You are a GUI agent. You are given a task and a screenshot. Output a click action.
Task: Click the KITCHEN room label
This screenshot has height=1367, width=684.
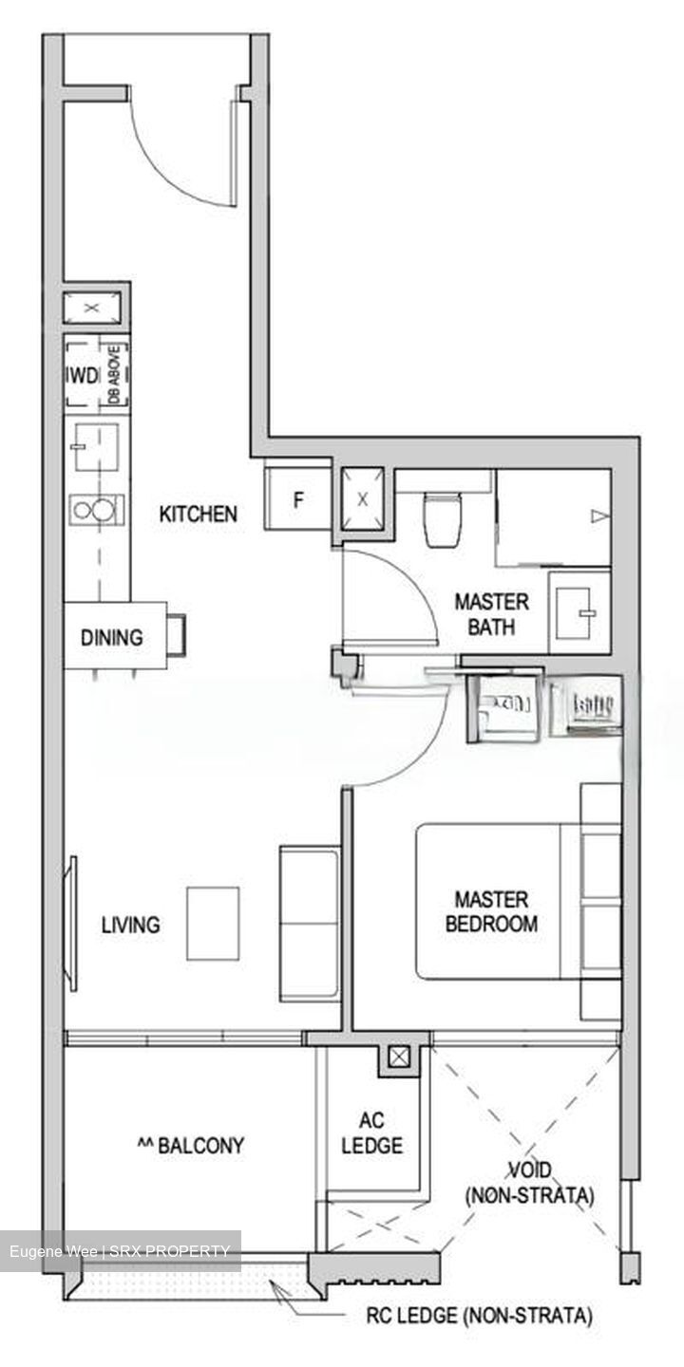[x=198, y=515]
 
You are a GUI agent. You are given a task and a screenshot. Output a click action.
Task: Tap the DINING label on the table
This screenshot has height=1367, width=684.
[x=111, y=637]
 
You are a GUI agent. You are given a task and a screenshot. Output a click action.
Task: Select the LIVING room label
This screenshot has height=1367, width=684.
[x=131, y=925]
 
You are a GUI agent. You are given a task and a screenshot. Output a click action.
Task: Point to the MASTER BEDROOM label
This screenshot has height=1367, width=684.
[x=491, y=910]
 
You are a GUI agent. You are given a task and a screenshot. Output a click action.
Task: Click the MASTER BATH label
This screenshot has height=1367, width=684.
[x=491, y=613]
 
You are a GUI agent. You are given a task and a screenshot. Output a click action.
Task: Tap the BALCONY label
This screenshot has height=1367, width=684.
[x=191, y=1145]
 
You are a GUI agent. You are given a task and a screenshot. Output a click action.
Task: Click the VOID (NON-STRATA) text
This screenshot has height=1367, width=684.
[x=529, y=1183]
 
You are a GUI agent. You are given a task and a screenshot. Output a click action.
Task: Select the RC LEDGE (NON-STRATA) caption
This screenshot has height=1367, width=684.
[x=480, y=1316]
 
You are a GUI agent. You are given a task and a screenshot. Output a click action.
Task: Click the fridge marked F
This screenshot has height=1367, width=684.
[x=297, y=499]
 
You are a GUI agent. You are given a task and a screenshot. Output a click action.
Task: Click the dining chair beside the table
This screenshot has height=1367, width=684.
[x=178, y=633]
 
